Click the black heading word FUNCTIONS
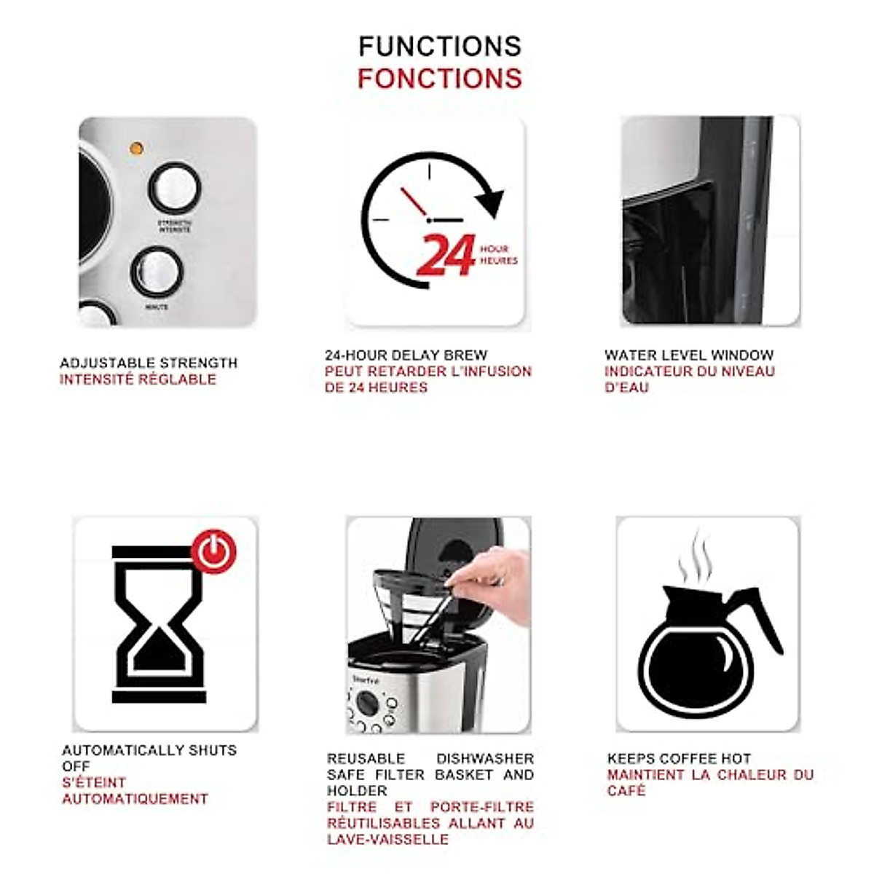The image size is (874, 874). pyautogui.click(x=440, y=47)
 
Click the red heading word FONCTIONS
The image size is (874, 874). pyautogui.click(x=440, y=79)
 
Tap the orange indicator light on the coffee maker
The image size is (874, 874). pyautogui.click(x=136, y=149)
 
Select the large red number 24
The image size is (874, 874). pyautogui.click(x=446, y=255)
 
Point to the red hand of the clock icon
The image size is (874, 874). pyautogui.click(x=414, y=202)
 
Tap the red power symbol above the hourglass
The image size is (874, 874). pyautogui.click(x=214, y=552)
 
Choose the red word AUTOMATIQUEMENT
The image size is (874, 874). pyautogui.click(x=135, y=799)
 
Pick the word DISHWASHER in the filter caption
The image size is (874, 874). pyautogui.click(x=484, y=759)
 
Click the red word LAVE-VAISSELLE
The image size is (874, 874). pyautogui.click(x=387, y=840)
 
